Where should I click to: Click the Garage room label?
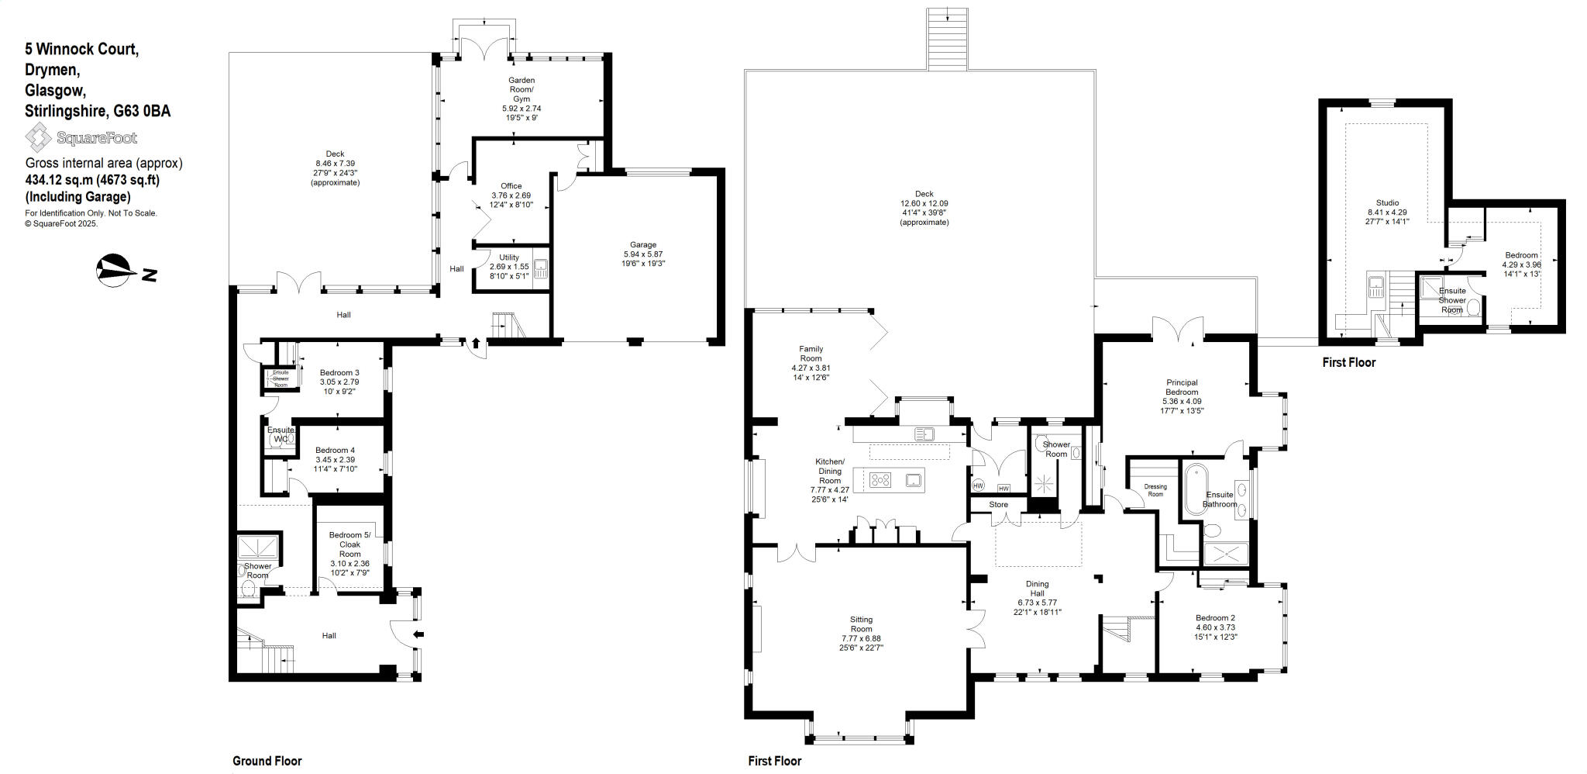pos(642,245)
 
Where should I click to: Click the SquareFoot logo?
pos(81,138)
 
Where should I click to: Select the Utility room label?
pos(509,257)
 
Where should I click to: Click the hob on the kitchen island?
pos(880,480)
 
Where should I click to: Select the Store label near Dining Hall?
pos(998,504)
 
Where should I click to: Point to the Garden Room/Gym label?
pos(521,89)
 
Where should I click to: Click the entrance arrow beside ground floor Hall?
pos(419,635)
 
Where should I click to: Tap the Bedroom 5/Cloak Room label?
pos(349,544)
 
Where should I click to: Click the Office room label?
pos(511,186)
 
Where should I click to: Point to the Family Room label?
pos(811,354)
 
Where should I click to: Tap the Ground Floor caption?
pos(267,761)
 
